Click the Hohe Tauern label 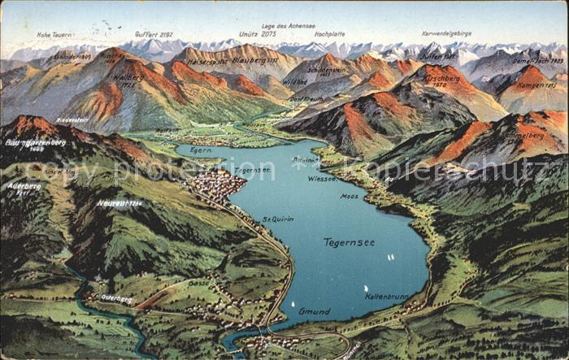tap(54, 35)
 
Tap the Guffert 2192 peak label tap(154, 34)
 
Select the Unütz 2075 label tap(258, 34)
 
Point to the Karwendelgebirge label tap(446, 33)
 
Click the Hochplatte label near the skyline tap(329, 34)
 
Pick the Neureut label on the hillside tap(119, 202)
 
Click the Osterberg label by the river tap(116, 298)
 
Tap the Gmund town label tap(314, 311)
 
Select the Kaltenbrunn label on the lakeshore tap(386, 297)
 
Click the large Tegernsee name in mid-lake tap(349, 242)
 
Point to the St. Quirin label tap(277, 219)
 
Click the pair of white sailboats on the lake tap(391, 257)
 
